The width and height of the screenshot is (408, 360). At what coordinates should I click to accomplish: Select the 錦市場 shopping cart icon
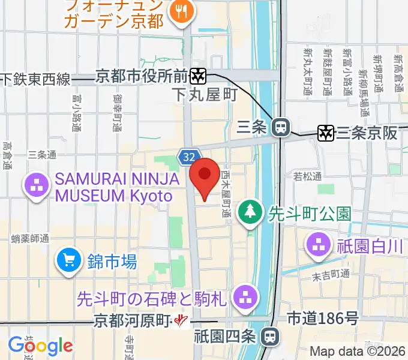(69, 260)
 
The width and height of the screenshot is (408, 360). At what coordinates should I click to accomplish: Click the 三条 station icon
(280, 127)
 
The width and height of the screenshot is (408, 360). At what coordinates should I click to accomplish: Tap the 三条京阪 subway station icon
(326, 133)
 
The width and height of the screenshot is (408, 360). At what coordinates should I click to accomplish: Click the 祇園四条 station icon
(271, 337)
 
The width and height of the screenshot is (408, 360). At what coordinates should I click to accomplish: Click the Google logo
(40, 346)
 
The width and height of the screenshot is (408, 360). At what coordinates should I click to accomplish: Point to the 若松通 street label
(307, 176)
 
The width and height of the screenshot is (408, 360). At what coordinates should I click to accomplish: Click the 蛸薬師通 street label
(30, 239)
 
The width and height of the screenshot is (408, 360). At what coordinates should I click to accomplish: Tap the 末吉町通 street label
(330, 274)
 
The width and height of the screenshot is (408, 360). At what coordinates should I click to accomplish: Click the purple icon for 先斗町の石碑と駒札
(244, 296)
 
